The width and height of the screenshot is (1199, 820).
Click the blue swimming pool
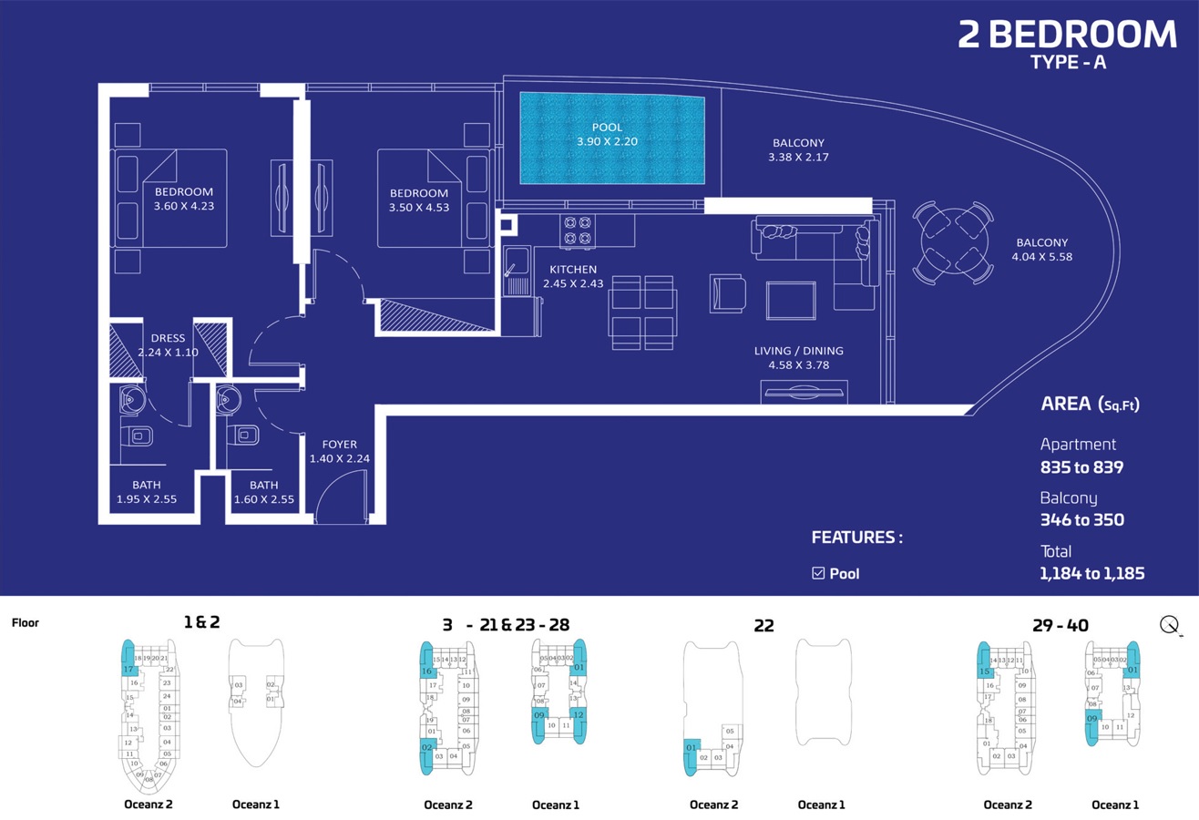click(612, 138)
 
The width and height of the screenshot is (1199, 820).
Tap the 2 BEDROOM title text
click(1067, 34)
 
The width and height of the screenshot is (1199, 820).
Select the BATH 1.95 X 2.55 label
click(146, 492)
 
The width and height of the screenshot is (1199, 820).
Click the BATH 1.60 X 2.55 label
click(263, 492)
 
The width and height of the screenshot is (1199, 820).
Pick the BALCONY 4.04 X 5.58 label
click(1041, 250)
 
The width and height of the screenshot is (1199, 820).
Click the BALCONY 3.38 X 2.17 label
click(798, 149)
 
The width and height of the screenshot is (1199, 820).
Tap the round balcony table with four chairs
click(953, 242)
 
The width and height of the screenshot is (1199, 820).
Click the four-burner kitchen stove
click(577, 230)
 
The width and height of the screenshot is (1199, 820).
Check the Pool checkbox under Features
click(818, 573)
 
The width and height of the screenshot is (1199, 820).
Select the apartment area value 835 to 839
click(1081, 467)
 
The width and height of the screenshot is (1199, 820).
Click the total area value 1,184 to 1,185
click(1091, 573)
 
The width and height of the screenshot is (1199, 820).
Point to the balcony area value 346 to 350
click(1081, 520)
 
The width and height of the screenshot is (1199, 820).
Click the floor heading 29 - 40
click(1060, 625)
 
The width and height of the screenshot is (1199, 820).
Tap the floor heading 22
click(763, 625)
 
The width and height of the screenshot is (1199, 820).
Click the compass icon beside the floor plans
click(1171, 625)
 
